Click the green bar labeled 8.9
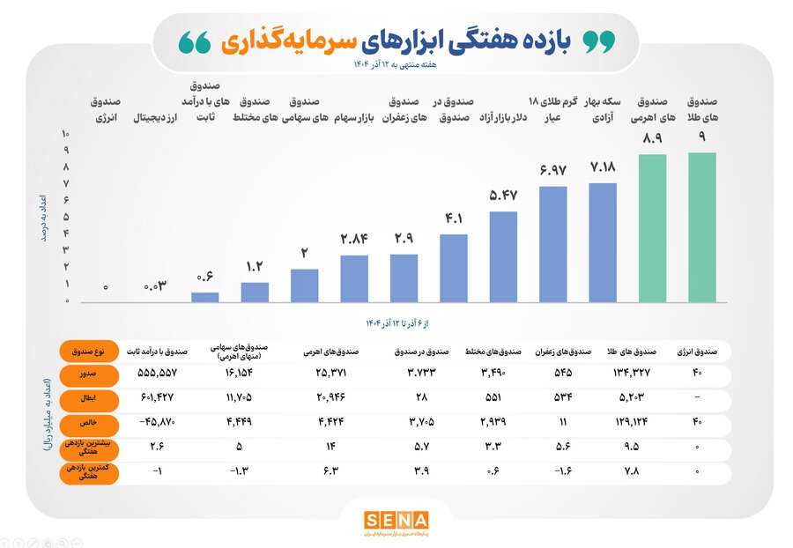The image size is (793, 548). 653,229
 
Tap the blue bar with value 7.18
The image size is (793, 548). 603,242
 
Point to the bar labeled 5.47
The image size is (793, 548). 503,257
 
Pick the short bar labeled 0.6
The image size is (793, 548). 204,297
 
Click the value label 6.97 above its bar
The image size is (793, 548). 552,168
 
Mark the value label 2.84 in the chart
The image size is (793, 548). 354,238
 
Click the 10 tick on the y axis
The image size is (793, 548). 64,134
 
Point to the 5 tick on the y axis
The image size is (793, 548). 64,217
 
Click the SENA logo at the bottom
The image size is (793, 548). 396,521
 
